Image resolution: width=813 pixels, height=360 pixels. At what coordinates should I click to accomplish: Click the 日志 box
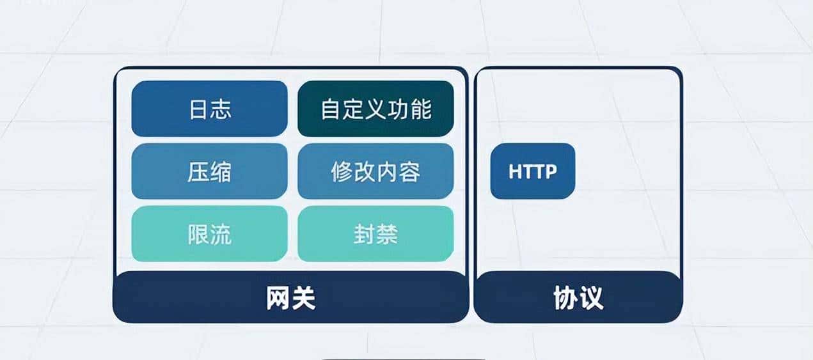click(209, 109)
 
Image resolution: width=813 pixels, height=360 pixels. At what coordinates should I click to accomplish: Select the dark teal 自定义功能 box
click(375, 109)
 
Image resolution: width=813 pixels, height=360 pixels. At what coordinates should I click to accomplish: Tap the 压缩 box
click(209, 171)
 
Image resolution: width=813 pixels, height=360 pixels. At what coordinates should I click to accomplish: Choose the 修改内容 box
click(375, 171)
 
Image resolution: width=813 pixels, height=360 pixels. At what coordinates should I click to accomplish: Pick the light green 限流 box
click(209, 234)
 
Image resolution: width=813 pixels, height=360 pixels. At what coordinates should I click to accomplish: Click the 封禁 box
click(375, 234)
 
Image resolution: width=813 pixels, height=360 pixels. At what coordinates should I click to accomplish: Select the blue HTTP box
click(532, 171)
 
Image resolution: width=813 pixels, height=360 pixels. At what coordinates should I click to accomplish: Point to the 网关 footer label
click(291, 299)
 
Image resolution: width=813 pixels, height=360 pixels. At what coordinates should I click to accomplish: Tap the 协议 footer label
click(578, 299)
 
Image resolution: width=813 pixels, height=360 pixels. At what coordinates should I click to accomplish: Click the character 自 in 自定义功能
click(331, 109)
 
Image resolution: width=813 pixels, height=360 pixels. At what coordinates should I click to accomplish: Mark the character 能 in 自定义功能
click(420, 109)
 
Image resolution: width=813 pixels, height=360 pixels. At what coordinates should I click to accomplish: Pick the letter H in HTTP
click(515, 172)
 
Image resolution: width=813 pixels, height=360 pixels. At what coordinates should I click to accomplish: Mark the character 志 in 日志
click(221, 109)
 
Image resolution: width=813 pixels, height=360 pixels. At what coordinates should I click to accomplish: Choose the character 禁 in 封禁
click(387, 235)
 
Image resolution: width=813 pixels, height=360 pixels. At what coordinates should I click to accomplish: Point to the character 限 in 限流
click(198, 235)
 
